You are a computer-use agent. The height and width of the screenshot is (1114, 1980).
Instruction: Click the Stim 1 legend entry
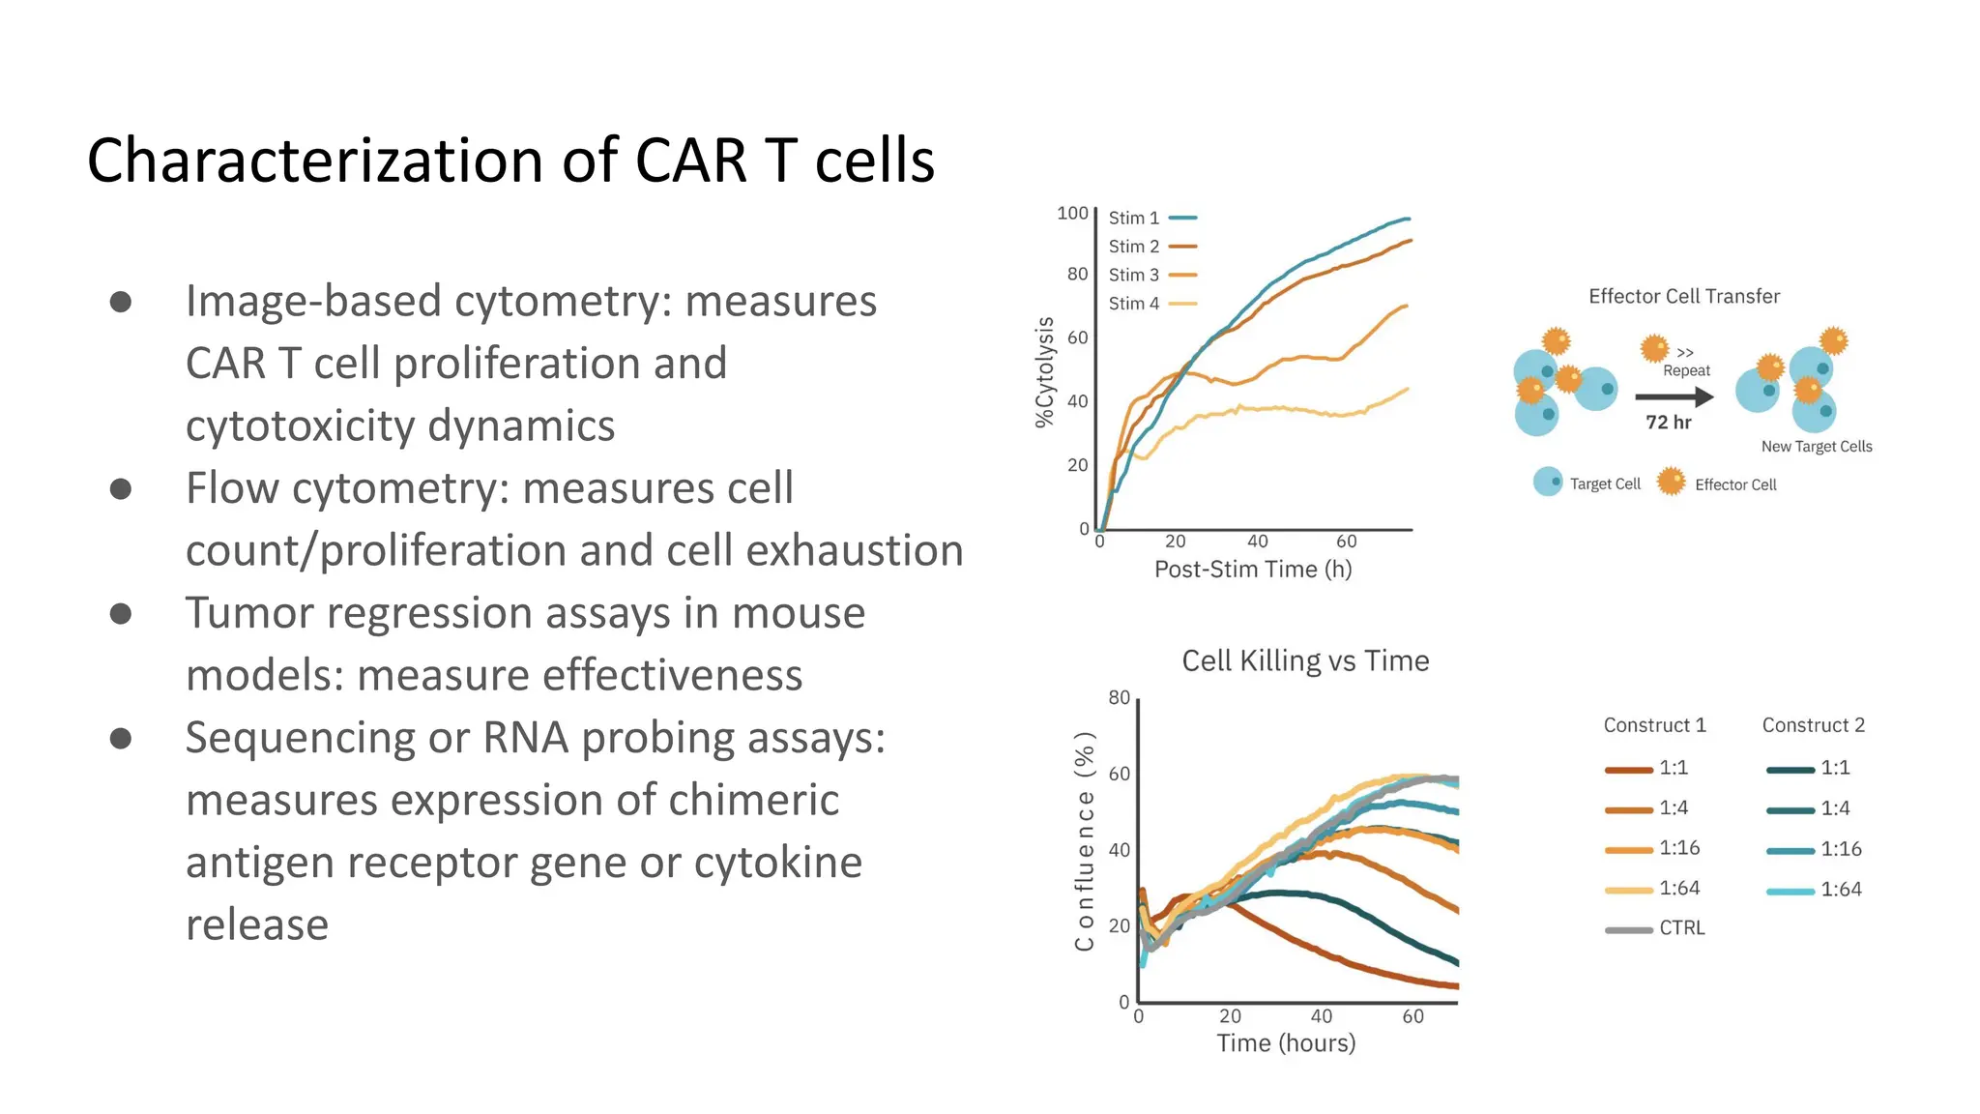1150,219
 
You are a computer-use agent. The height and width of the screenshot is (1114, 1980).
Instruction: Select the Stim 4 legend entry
1150,304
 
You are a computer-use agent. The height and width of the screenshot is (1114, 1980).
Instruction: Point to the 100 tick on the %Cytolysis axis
1071,213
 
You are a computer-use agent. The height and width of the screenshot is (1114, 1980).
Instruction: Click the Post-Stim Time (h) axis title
1253,570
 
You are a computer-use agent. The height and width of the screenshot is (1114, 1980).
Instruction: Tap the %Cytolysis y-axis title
1044,372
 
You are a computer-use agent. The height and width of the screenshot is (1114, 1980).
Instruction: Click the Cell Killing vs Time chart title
1305,661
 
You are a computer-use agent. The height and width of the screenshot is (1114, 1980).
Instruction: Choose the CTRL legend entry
1655,928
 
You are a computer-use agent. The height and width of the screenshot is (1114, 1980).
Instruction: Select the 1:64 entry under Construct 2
1814,890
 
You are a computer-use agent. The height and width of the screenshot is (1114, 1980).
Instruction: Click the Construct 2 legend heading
1813,725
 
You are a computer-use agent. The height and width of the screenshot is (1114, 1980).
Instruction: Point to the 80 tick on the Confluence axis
1119,698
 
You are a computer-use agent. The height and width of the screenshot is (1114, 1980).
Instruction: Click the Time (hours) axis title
1286,1043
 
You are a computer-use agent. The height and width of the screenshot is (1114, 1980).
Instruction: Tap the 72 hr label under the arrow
1669,423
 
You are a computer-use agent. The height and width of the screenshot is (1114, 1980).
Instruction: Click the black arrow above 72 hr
1674,396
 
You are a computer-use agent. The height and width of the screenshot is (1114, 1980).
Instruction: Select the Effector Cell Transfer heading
1683,297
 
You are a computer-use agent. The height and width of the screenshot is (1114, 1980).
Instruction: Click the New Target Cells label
1816,447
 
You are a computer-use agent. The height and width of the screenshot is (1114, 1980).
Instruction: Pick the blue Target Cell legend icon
1548,482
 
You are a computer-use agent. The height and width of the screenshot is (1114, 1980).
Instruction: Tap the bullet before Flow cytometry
121,488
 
